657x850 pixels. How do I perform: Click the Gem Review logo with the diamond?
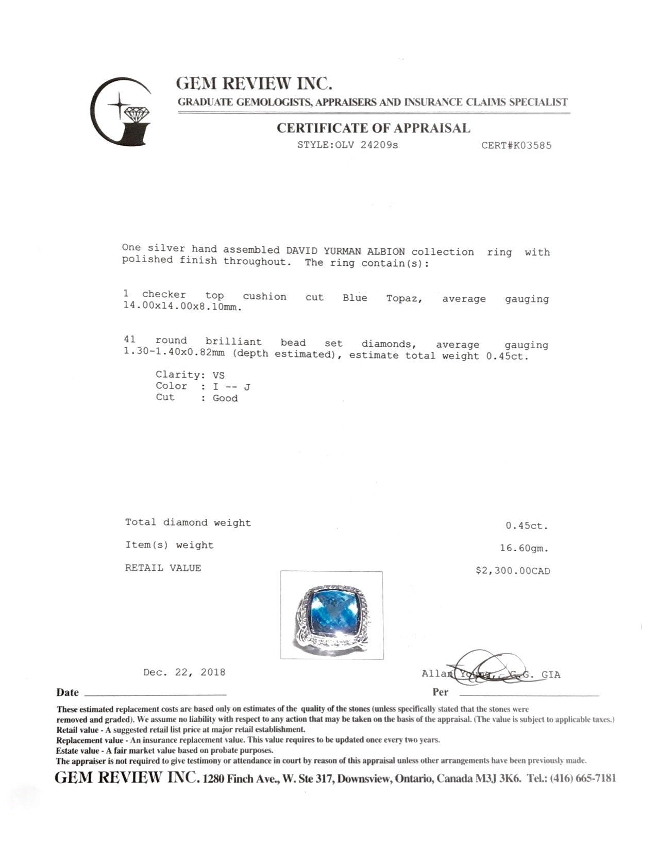tap(122, 112)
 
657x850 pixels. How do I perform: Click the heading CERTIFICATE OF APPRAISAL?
tap(373, 128)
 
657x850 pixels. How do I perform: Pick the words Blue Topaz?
tap(382, 298)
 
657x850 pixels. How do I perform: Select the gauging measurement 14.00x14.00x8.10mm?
tap(181, 308)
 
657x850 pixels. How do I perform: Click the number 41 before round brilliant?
tap(129, 339)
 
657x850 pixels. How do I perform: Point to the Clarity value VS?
tap(218, 375)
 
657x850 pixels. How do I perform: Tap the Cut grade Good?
tap(225, 398)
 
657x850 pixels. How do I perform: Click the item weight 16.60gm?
tap(524, 548)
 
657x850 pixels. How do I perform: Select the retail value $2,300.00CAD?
tap(513, 571)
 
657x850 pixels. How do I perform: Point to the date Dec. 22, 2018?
tap(184, 672)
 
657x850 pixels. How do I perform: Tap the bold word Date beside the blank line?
tap(68, 692)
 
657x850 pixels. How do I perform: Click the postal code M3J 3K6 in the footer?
tap(496, 778)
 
